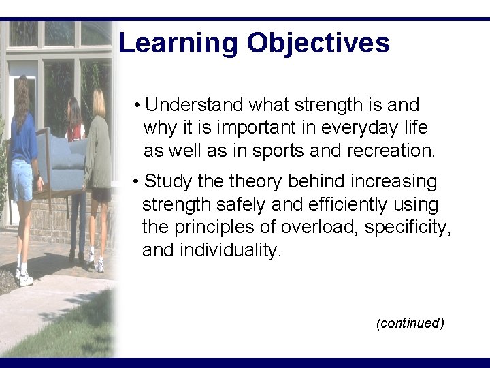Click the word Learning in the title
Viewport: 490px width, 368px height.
pyautogui.click(x=178, y=44)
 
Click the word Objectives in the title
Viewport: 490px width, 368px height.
pyautogui.click(x=318, y=44)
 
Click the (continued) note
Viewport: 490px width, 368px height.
pyautogui.click(x=410, y=323)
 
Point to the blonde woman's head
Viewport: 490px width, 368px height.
pyautogui.click(x=99, y=102)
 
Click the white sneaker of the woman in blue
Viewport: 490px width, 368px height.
pyautogui.click(x=25, y=279)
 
